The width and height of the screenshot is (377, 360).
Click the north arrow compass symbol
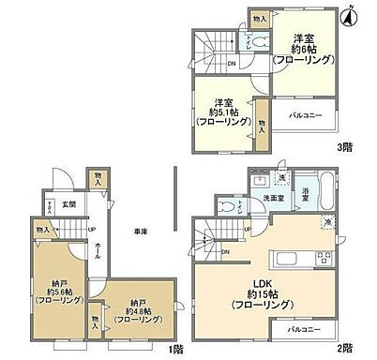pos(349,14)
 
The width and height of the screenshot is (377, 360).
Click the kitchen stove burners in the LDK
pos(324,258)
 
